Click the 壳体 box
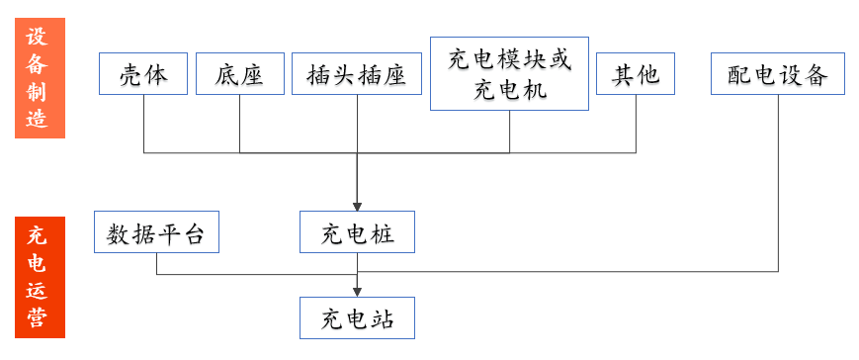143,73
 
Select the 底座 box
240,73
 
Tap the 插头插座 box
357,73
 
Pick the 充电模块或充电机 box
509,73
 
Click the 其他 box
636,73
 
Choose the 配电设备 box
778,73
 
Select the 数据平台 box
157,231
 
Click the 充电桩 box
357,231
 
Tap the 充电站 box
357,317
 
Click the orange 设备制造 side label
40,78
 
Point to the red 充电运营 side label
40,277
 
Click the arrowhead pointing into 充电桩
357,207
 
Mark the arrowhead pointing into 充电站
357,293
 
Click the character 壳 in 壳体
130,74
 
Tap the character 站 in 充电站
383,318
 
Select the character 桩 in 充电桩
383,232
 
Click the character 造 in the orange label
38,118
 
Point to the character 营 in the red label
38,316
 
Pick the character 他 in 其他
648,74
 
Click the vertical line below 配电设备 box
779,183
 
